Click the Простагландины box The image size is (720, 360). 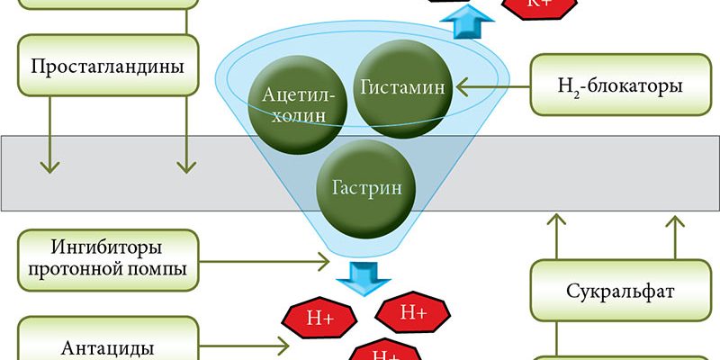107,67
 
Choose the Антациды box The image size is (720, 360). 107,346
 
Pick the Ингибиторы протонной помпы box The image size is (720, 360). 107,256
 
